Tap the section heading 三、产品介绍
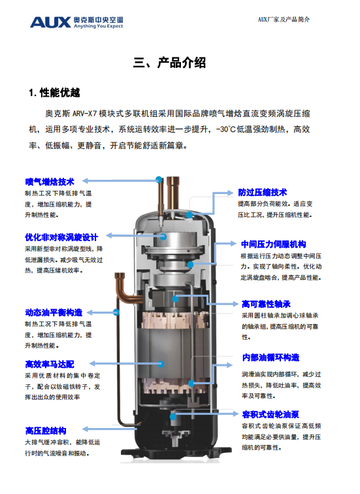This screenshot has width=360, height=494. [x=169, y=63]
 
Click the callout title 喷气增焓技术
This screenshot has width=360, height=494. [x=50, y=181]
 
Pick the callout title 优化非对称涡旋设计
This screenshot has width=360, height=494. [x=61, y=237]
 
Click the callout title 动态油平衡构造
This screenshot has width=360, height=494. [x=54, y=312]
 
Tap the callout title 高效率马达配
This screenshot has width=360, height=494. [x=50, y=363]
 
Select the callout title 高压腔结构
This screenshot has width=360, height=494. [x=46, y=431]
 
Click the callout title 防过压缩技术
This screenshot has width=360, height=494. [x=263, y=192]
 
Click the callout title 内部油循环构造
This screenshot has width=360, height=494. [x=270, y=357]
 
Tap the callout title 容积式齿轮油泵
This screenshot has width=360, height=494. [x=270, y=414]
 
